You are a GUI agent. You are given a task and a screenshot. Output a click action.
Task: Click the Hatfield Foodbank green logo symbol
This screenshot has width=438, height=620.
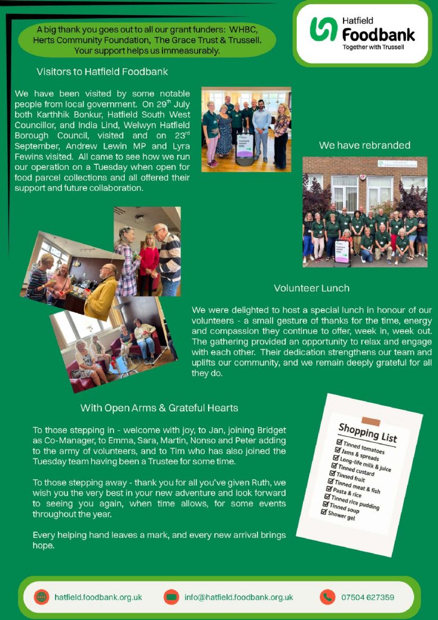[x=323, y=28]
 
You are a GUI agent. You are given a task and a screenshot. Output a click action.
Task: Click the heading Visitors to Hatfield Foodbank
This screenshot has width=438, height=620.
[x=102, y=72]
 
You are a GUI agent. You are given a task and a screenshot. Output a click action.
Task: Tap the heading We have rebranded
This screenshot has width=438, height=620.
[x=364, y=145]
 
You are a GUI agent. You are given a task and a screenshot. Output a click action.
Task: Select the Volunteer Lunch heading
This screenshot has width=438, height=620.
[x=311, y=288]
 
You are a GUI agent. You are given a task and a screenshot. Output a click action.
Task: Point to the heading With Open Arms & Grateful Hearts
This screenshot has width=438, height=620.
[x=159, y=408]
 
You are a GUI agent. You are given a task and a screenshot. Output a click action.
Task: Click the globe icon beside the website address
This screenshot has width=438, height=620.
[x=41, y=597]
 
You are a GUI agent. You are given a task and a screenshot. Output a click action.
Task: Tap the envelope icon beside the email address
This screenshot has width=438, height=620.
[x=171, y=597]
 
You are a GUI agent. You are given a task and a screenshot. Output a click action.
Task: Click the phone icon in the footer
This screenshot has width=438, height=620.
[x=327, y=597]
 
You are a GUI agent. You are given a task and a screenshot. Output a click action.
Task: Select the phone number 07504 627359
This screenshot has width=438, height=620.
[x=368, y=597]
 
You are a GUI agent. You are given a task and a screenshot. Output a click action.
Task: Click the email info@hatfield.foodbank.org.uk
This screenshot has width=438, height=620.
[x=239, y=597]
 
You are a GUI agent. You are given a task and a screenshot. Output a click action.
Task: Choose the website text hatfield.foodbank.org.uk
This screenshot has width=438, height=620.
[x=98, y=597]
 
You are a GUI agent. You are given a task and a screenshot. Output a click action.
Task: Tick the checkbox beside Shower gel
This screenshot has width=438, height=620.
[x=324, y=512]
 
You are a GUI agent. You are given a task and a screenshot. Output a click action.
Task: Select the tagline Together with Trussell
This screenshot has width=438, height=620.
[x=373, y=47]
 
